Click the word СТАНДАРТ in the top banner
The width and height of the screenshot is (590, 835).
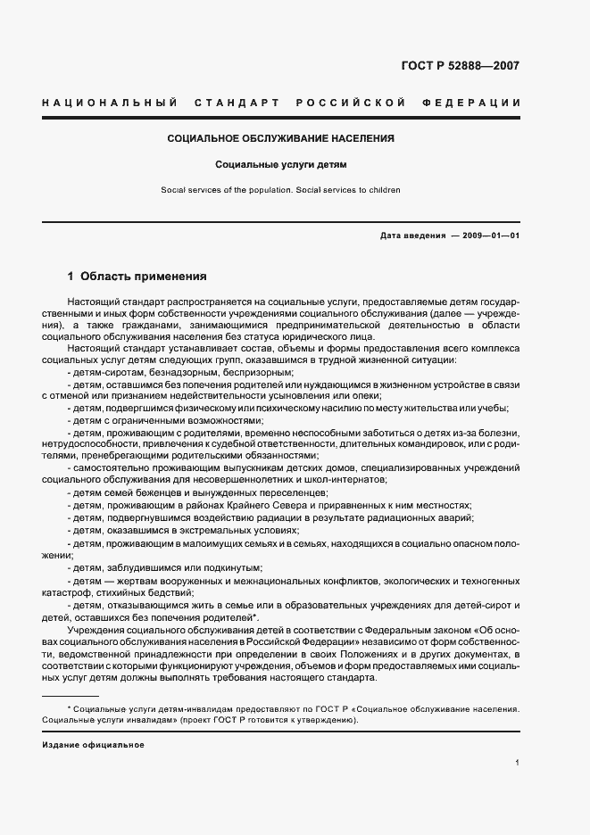[234, 103]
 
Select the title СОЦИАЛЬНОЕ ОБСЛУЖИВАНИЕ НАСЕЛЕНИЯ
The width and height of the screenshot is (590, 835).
[281, 139]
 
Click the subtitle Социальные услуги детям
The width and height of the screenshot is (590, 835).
[280, 165]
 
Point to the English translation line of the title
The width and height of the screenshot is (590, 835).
[280, 190]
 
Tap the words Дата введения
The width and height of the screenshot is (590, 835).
[412, 236]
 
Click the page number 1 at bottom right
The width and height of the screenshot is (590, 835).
[518, 763]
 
